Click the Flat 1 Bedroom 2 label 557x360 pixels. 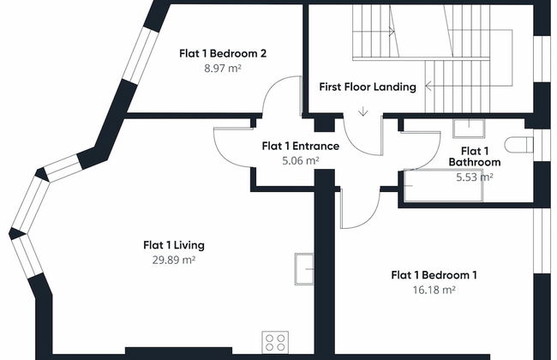coord(223,54)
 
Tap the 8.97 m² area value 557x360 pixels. coord(223,69)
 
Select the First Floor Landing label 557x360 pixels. coord(368,87)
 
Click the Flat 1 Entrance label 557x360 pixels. coord(301,146)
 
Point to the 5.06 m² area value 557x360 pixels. coord(301,161)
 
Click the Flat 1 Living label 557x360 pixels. coord(174,245)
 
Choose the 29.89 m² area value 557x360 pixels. coord(174,260)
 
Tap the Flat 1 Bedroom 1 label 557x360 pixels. coord(434,275)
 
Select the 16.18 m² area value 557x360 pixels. coord(434,290)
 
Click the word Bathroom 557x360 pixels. coord(475,162)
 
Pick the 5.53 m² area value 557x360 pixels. coord(475,177)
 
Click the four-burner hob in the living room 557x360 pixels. coord(275,342)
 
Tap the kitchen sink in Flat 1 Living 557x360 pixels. coord(304,269)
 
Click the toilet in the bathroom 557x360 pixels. coord(518,145)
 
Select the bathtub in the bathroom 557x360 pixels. coord(443,186)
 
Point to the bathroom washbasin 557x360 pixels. coord(469,129)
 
